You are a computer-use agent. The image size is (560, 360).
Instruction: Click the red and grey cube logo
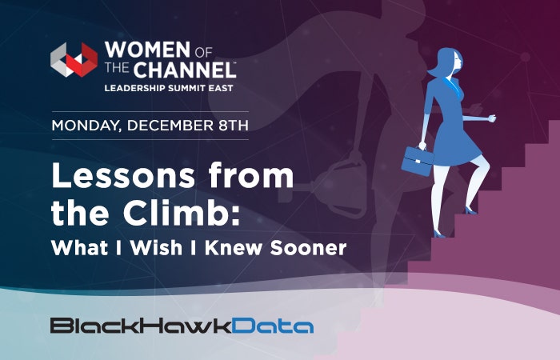click(74, 60)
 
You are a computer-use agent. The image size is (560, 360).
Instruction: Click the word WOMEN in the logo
click(147, 50)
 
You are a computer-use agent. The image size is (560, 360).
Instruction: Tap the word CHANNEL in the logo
click(184, 70)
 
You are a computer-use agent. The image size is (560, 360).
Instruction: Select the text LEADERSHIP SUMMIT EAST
click(169, 88)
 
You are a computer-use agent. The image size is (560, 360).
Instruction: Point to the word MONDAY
click(86, 126)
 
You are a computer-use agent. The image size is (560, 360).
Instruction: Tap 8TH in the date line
click(234, 126)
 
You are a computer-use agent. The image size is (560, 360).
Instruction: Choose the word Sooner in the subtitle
click(308, 247)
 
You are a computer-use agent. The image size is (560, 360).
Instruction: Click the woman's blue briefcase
click(418, 161)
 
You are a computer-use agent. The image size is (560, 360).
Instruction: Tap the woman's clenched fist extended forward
click(492, 118)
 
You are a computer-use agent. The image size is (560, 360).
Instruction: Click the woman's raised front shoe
click(470, 210)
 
